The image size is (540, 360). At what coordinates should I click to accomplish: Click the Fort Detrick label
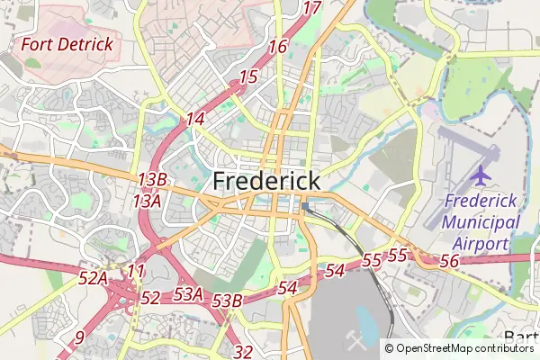67,43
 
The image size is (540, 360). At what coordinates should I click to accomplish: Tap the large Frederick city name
266,181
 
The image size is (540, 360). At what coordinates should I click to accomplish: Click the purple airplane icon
481,173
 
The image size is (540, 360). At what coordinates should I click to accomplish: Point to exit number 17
312,8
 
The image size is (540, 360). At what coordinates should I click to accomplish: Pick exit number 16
277,47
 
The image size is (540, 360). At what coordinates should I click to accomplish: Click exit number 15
248,77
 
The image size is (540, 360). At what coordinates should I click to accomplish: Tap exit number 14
195,119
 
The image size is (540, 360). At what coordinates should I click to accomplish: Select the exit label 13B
152,180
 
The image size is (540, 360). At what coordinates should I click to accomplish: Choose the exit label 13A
147,201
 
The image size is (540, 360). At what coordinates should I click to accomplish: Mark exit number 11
136,271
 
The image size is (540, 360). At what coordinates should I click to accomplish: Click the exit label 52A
93,279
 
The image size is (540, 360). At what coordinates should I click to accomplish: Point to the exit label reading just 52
150,298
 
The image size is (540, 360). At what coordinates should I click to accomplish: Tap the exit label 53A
188,293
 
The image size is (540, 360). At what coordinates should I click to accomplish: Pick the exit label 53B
229,301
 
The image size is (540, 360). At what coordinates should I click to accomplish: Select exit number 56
451,260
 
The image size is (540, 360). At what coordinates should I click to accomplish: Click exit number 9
80,337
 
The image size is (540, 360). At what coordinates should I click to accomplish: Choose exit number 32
243,352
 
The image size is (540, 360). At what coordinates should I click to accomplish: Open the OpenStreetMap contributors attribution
464,347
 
